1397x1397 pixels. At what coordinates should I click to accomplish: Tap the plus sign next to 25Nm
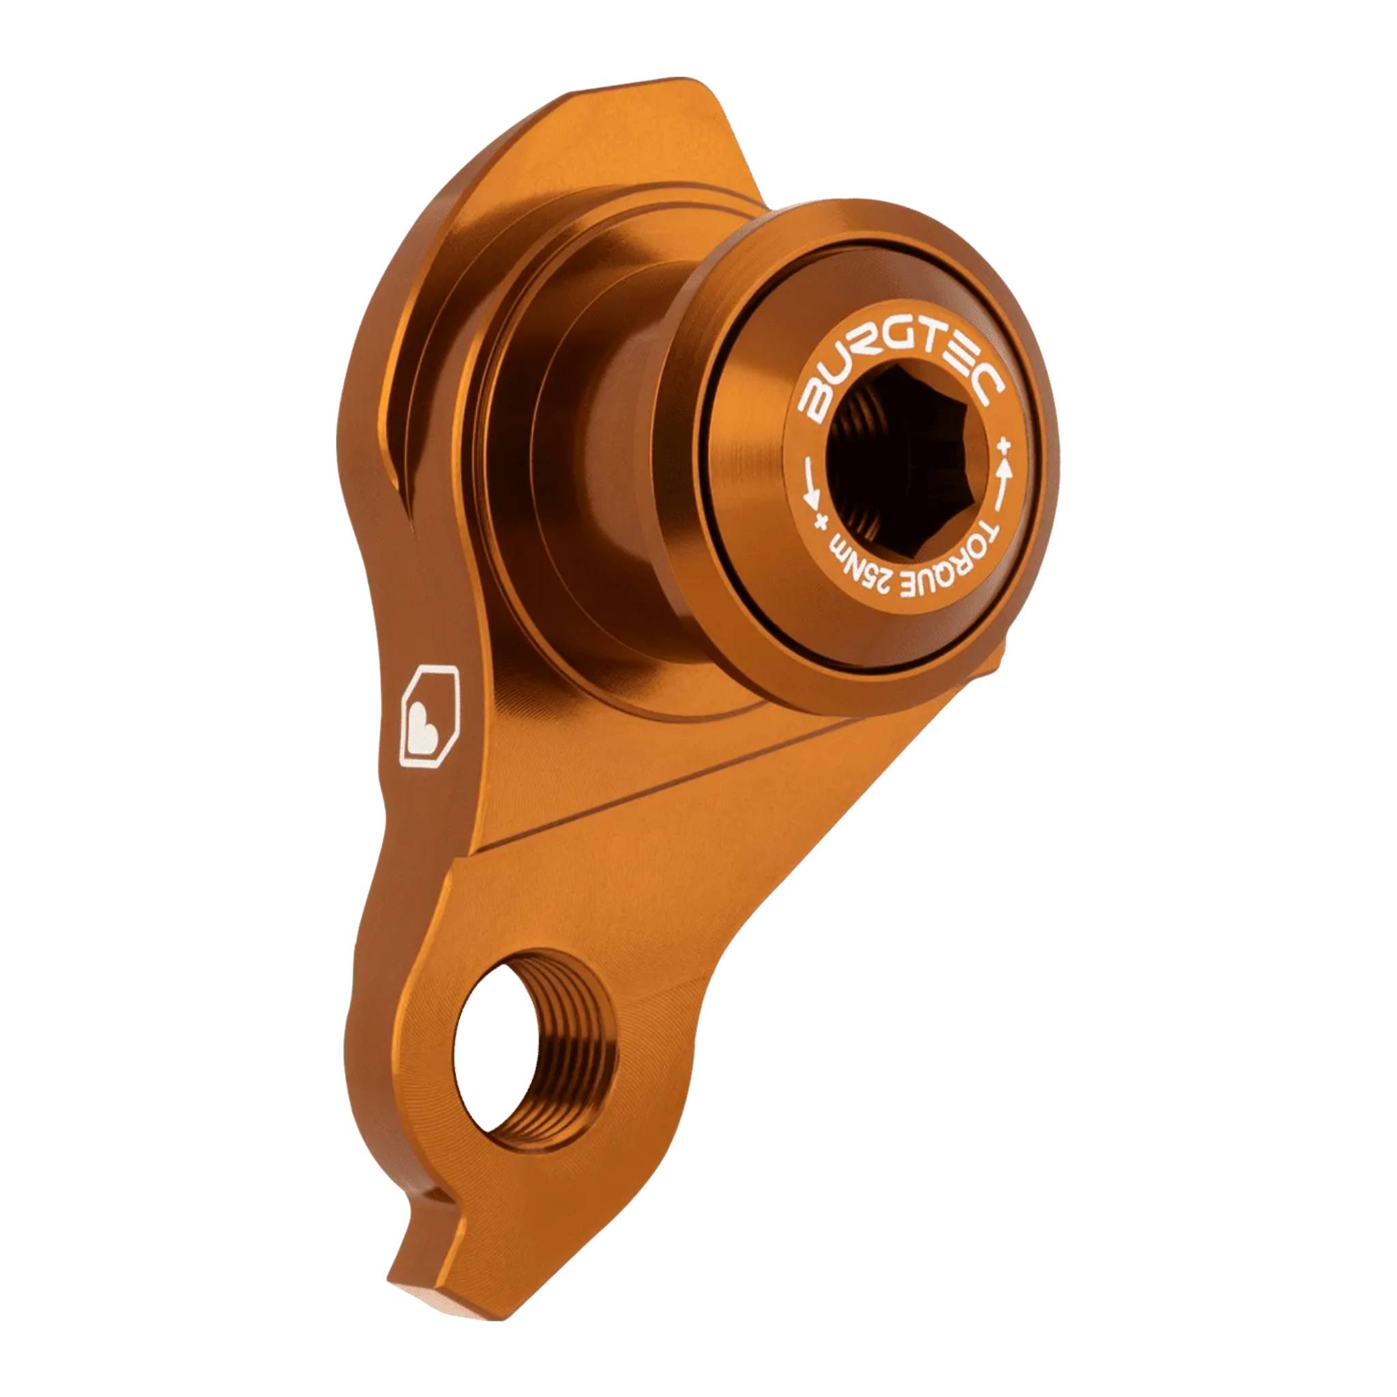[x=821, y=521]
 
